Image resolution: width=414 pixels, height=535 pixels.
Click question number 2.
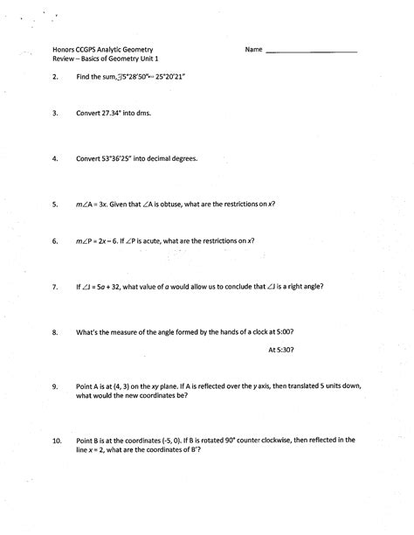(55, 78)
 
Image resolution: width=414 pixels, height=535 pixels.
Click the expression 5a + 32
(119, 286)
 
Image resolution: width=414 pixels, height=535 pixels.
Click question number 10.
(57, 441)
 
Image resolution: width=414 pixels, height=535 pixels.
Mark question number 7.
(55, 286)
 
